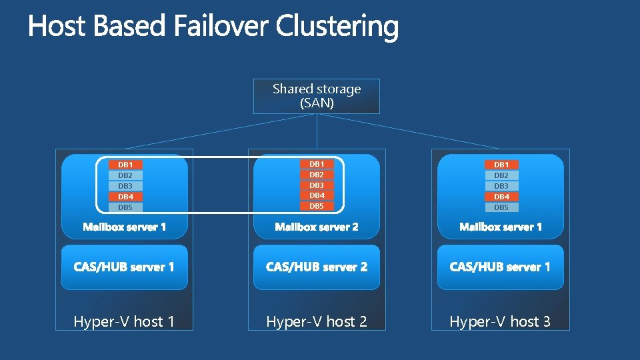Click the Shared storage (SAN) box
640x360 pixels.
click(317, 96)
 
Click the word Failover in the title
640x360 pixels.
click(222, 27)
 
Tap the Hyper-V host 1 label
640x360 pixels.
click(124, 321)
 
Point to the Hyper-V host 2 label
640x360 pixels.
click(317, 321)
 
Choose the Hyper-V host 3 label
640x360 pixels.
click(500, 321)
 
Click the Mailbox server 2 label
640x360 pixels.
click(317, 227)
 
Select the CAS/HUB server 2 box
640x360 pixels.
click(317, 267)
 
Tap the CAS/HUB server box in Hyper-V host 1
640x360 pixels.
click(124, 267)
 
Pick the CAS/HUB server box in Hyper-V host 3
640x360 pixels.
click(500, 267)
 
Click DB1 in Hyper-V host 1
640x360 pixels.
click(125, 165)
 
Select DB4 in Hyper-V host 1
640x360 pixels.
click(125, 197)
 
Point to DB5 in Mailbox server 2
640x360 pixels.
click(317, 206)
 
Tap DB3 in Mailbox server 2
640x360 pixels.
click(317, 185)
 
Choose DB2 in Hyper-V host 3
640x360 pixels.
click(501, 175)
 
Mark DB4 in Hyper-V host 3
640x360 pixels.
click(501, 197)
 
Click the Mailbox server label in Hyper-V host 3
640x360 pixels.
click(500, 227)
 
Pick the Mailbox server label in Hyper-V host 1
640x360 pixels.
click(124, 227)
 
